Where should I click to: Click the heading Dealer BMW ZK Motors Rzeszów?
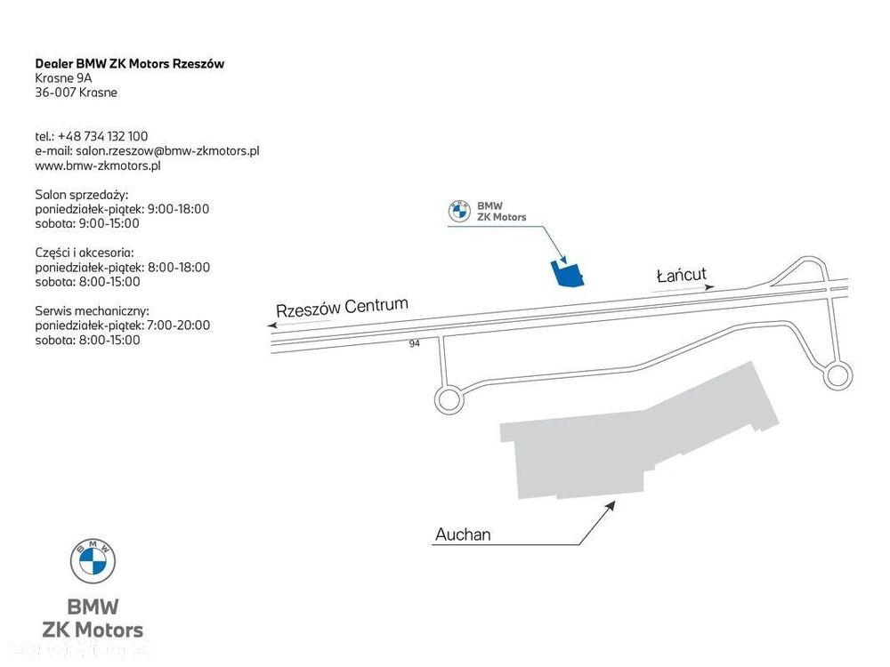[x=129, y=63]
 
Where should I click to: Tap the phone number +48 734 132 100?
[x=102, y=136]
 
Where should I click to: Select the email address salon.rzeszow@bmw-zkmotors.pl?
[x=167, y=151]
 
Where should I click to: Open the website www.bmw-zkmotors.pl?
[x=98, y=165]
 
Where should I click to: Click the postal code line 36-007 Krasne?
[x=76, y=92]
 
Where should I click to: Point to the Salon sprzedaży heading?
[x=82, y=195]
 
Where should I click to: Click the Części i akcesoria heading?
[x=85, y=253]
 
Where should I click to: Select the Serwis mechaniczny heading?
[x=92, y=311]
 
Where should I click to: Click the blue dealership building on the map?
[x=568, y=275]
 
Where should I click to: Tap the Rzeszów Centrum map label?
[x=343, y=307]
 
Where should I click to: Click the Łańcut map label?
[x=681, y=275]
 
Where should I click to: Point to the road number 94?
[x=415, y=343]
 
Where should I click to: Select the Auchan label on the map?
[x=463, y=534]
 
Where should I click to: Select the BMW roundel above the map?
[x=459, y=212]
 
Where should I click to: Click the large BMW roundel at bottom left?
[x=93, y=561]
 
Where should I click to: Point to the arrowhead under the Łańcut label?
[x=709, y=287]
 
